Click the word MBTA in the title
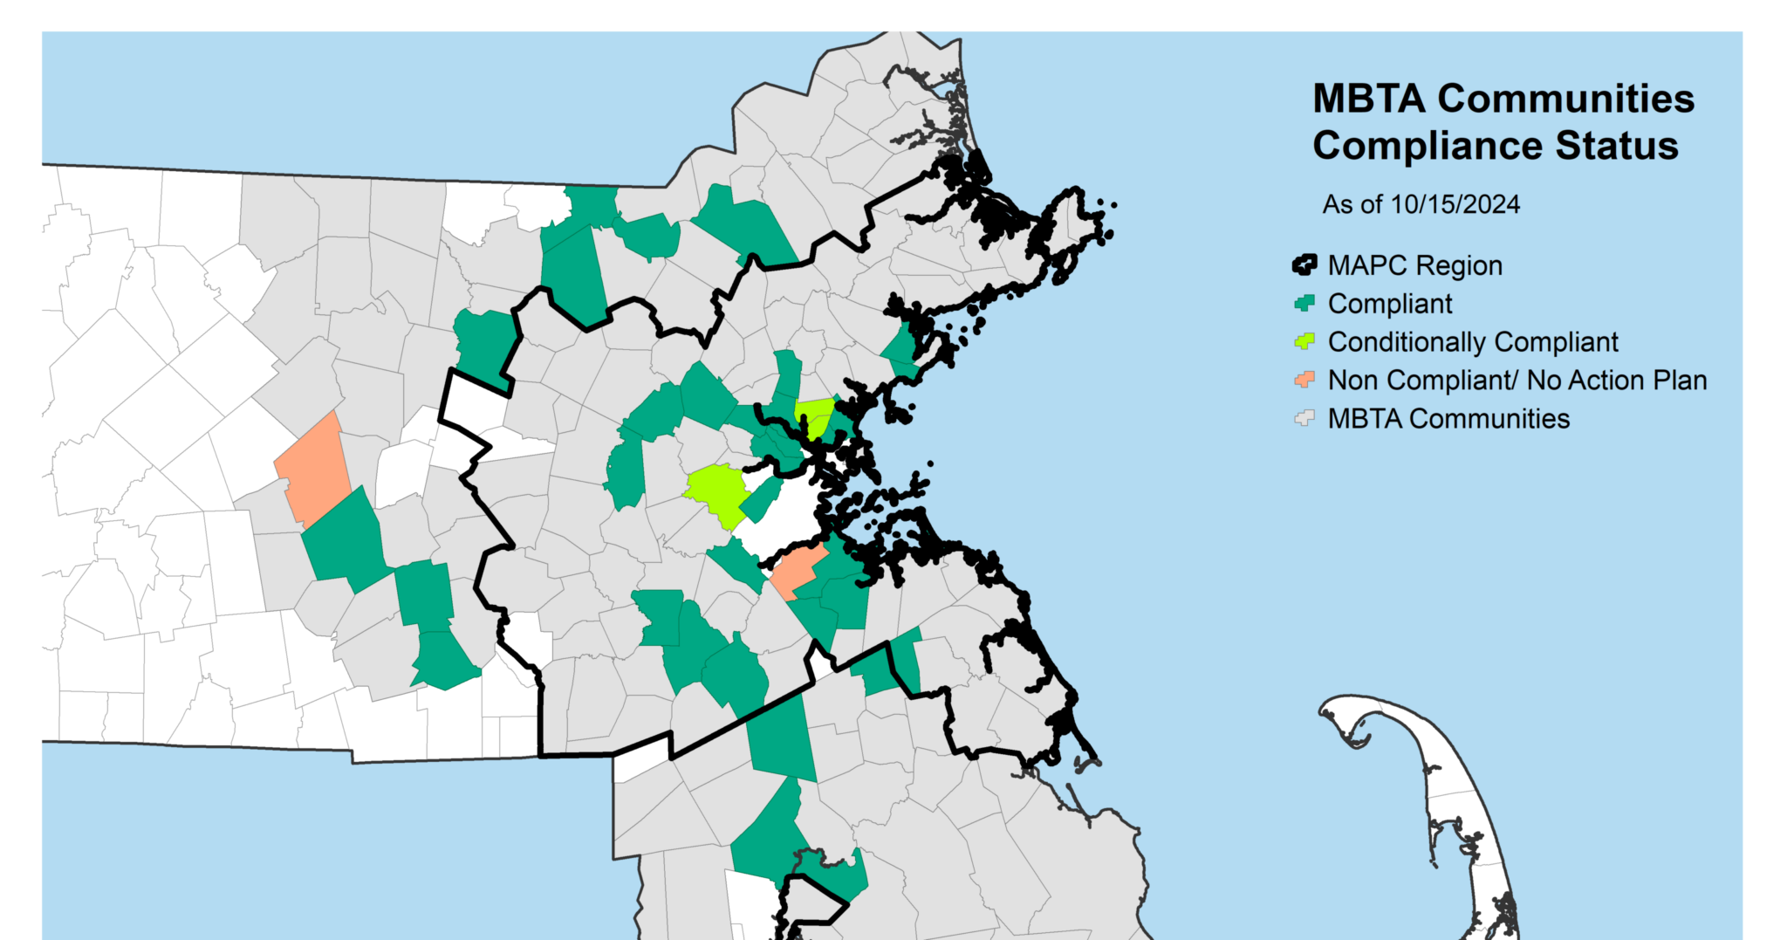coord(1369,99)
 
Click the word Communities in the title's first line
coord(1566,99)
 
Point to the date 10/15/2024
coord(1455,205)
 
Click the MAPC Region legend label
coord(1414,265)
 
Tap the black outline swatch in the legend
coord(1304,264)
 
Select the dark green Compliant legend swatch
coord(1304,303)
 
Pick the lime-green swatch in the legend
coord(1304,341)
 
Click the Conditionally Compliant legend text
coord(1473,342)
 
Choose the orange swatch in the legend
coord(1304,380)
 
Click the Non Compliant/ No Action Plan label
coord(1517,381)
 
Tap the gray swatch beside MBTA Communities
coord(1304,418)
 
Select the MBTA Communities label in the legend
coord(1448,419)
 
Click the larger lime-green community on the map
coord(716,491)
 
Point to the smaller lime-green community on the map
coord(816,415)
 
